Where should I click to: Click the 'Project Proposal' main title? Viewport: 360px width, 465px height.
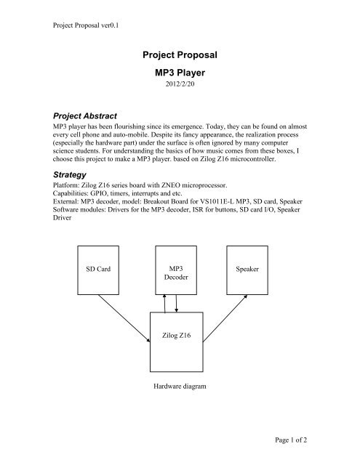point(180,55)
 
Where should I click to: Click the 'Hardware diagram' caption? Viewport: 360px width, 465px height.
point(176,387)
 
